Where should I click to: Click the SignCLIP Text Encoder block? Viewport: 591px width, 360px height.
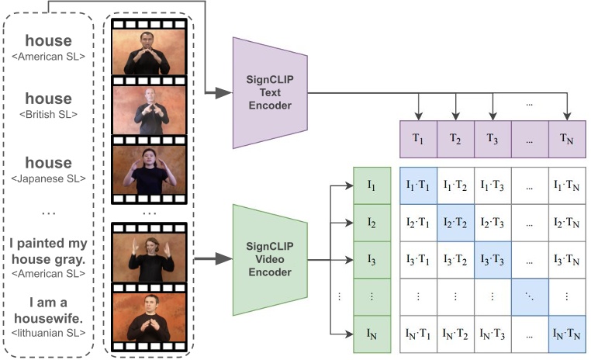(271, 93)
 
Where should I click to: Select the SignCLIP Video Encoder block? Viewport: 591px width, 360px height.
(271, 259)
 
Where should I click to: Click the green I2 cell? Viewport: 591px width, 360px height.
(372, 223)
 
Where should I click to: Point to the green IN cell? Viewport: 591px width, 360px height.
(372, 334)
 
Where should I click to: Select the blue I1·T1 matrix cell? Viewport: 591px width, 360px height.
(418, 186)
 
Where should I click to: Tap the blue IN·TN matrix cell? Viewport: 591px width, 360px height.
(568, 334)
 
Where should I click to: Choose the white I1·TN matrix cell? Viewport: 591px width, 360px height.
(568, 186)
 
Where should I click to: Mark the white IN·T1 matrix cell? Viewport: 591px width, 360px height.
(418, 334)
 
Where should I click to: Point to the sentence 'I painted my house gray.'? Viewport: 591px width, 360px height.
(48, 250)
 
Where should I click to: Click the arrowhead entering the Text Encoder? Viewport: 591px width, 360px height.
(226, 92)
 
